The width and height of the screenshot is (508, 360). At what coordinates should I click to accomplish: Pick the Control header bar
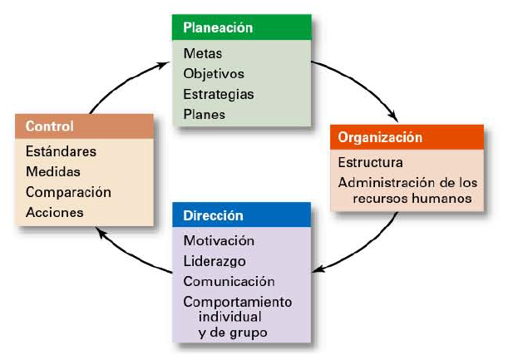84,126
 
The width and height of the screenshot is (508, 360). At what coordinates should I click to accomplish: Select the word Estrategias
219,93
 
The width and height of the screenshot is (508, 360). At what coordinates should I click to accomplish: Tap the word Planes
205,113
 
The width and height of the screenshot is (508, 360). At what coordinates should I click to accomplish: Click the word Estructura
371,162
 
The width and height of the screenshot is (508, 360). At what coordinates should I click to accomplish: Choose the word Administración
383,182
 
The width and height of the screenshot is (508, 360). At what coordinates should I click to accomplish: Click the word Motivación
219,240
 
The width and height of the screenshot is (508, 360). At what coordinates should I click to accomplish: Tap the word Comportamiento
238,300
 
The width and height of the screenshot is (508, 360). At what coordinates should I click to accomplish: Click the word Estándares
62,151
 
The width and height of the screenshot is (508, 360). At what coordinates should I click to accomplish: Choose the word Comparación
68,191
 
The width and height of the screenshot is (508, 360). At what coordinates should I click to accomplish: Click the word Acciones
55,212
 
